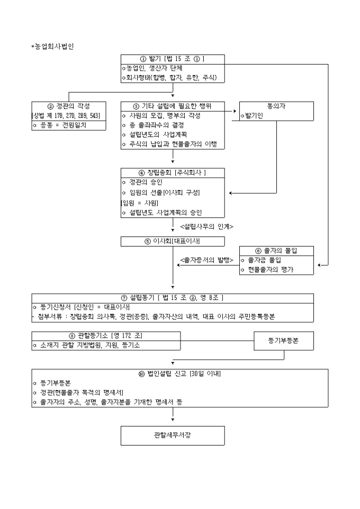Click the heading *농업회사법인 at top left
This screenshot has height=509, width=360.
click(52, 46)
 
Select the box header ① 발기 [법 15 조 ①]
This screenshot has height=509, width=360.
click(173, 59)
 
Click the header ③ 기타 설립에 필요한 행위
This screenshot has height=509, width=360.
click(173, 106)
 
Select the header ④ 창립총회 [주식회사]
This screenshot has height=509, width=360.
click(173, 173)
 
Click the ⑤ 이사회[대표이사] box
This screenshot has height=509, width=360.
click(173, 241)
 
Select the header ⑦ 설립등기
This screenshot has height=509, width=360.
click(173, 297)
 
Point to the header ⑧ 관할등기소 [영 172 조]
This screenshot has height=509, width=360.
click(106, 336)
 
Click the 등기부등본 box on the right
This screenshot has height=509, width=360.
click(283, 341)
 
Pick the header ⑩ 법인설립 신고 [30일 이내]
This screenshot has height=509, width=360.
click(180, 374)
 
